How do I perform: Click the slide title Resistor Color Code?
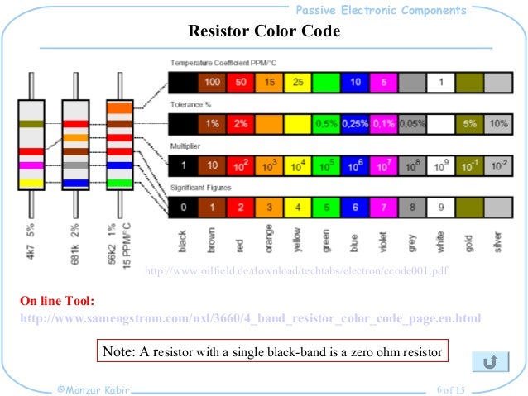click(264, 32)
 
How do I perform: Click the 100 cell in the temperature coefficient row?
click(212, 83)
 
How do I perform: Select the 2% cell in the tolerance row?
click(240, 124)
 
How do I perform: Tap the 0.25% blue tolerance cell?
click(354, 124)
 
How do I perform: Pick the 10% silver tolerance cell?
click(497, 124)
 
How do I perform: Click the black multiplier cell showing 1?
click(183, 165)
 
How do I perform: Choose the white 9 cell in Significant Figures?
click(440, 208)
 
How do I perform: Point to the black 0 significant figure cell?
click(183, 208)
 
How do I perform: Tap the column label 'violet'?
click(384, 241)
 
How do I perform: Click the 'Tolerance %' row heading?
click(190, 105)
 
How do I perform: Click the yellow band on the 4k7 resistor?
click(32, 183)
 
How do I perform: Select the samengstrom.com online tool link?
click(249, 318)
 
